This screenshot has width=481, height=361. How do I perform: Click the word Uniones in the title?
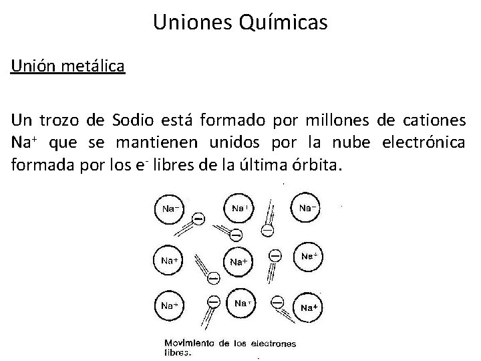tap(194, 22)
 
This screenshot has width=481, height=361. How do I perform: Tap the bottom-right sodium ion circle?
tap(308, 307)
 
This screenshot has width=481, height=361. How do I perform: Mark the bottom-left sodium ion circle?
tap(171, 305)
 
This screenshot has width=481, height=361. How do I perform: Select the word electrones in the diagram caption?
tap(273, 344)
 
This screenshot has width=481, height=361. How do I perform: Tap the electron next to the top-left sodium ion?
tap(198, 219)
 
